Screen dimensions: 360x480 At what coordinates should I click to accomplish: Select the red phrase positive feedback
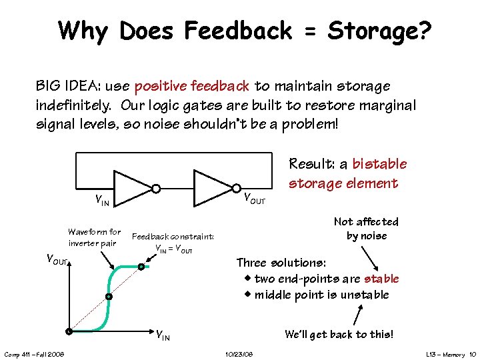tap(192, 86)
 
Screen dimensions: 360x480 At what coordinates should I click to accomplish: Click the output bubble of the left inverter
tap(155, 188)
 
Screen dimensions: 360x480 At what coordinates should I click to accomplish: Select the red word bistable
tap(379, 164)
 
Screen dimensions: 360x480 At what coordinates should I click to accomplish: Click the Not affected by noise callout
tap(366, 229)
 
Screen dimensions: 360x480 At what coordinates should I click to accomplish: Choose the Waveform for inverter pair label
tap(94, 237)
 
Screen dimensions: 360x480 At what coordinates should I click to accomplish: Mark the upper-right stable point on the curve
tap(141, 267)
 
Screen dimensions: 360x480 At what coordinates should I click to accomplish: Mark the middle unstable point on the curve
tap(108, 297)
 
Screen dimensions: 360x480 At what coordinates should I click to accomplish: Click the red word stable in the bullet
tap(381, 279)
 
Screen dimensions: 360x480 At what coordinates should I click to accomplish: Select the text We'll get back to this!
tap(339, 334)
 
